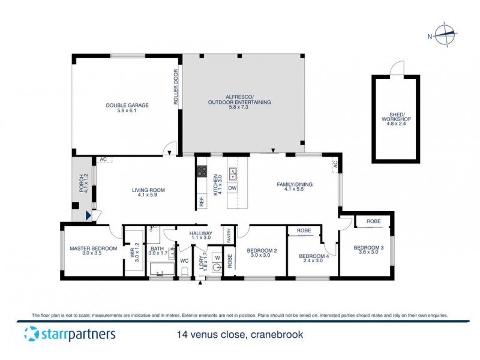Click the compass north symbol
tap(443, 35)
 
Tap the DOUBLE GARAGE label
tap(127, 105)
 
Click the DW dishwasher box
tap(233, 188)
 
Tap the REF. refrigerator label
tap(202, 202)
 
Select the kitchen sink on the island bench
tap(233, 173)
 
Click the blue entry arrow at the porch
tap(89, 214)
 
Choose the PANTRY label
tap(229, 235)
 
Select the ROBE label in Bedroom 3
tap(373, 221)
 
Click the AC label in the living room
tap(103, 160)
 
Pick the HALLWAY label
tap(201, 233)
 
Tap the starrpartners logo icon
tap(32, 334)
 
